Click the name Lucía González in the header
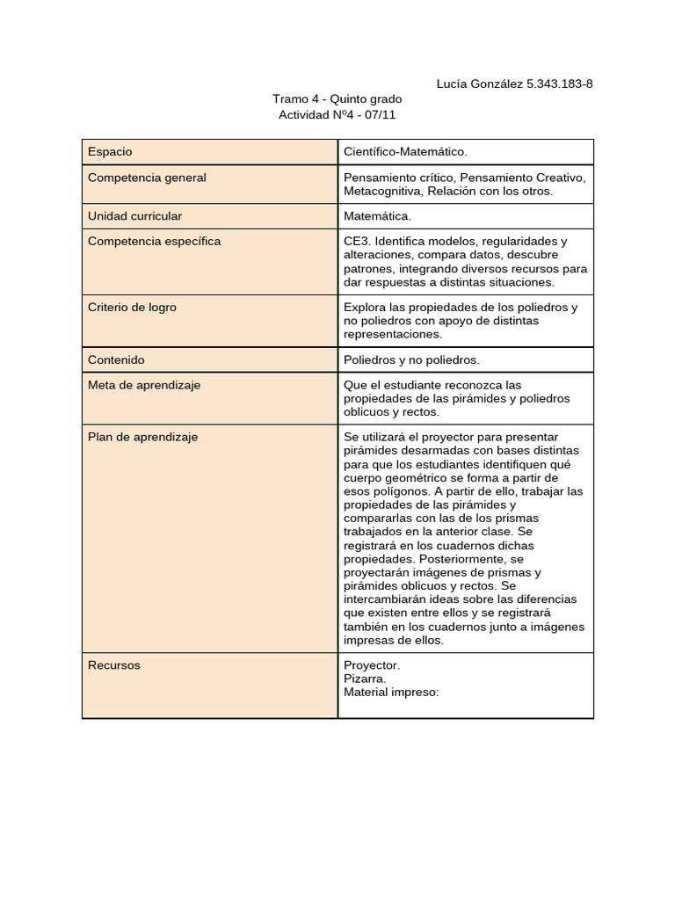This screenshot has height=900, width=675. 479,84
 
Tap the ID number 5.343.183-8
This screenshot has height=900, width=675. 559,84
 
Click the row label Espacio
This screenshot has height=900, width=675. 110,152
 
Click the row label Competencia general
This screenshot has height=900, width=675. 147,178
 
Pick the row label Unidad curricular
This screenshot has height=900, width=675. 135,215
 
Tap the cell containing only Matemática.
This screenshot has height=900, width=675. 377,215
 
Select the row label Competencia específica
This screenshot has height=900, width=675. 154,241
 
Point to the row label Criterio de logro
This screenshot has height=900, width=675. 132,308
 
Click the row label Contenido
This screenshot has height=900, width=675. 116,359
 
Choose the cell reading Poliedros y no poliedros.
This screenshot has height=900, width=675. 411,359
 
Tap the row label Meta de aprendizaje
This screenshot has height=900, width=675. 144,385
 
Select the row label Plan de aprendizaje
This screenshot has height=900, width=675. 142,437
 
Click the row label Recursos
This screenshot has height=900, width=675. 113,665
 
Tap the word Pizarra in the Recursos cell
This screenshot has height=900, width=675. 365,679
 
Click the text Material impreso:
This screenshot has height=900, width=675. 391,692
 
